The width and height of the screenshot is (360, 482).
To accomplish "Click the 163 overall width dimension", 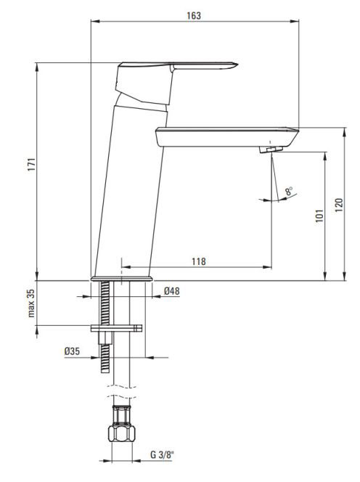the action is pyautogui.click(x=194, y=15).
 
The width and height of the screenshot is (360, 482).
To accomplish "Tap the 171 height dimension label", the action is pyautogui.click(x=32, y=165).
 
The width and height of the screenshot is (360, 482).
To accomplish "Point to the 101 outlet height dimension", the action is pyautogui.click(x=320, y=216).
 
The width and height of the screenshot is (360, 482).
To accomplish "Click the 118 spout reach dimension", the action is pyautogui.click(x=199, y=261).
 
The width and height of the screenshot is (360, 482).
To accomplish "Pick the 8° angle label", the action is pyautogui.click(x=289, y=191).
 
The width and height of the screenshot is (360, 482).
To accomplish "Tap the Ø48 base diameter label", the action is pyautogui.click(x=172, y=291).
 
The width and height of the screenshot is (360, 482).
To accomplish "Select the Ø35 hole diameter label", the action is pyautogui.click(x=73, y=351).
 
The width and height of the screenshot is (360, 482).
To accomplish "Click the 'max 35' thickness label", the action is pyautogui.click(x=31, y=303).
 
